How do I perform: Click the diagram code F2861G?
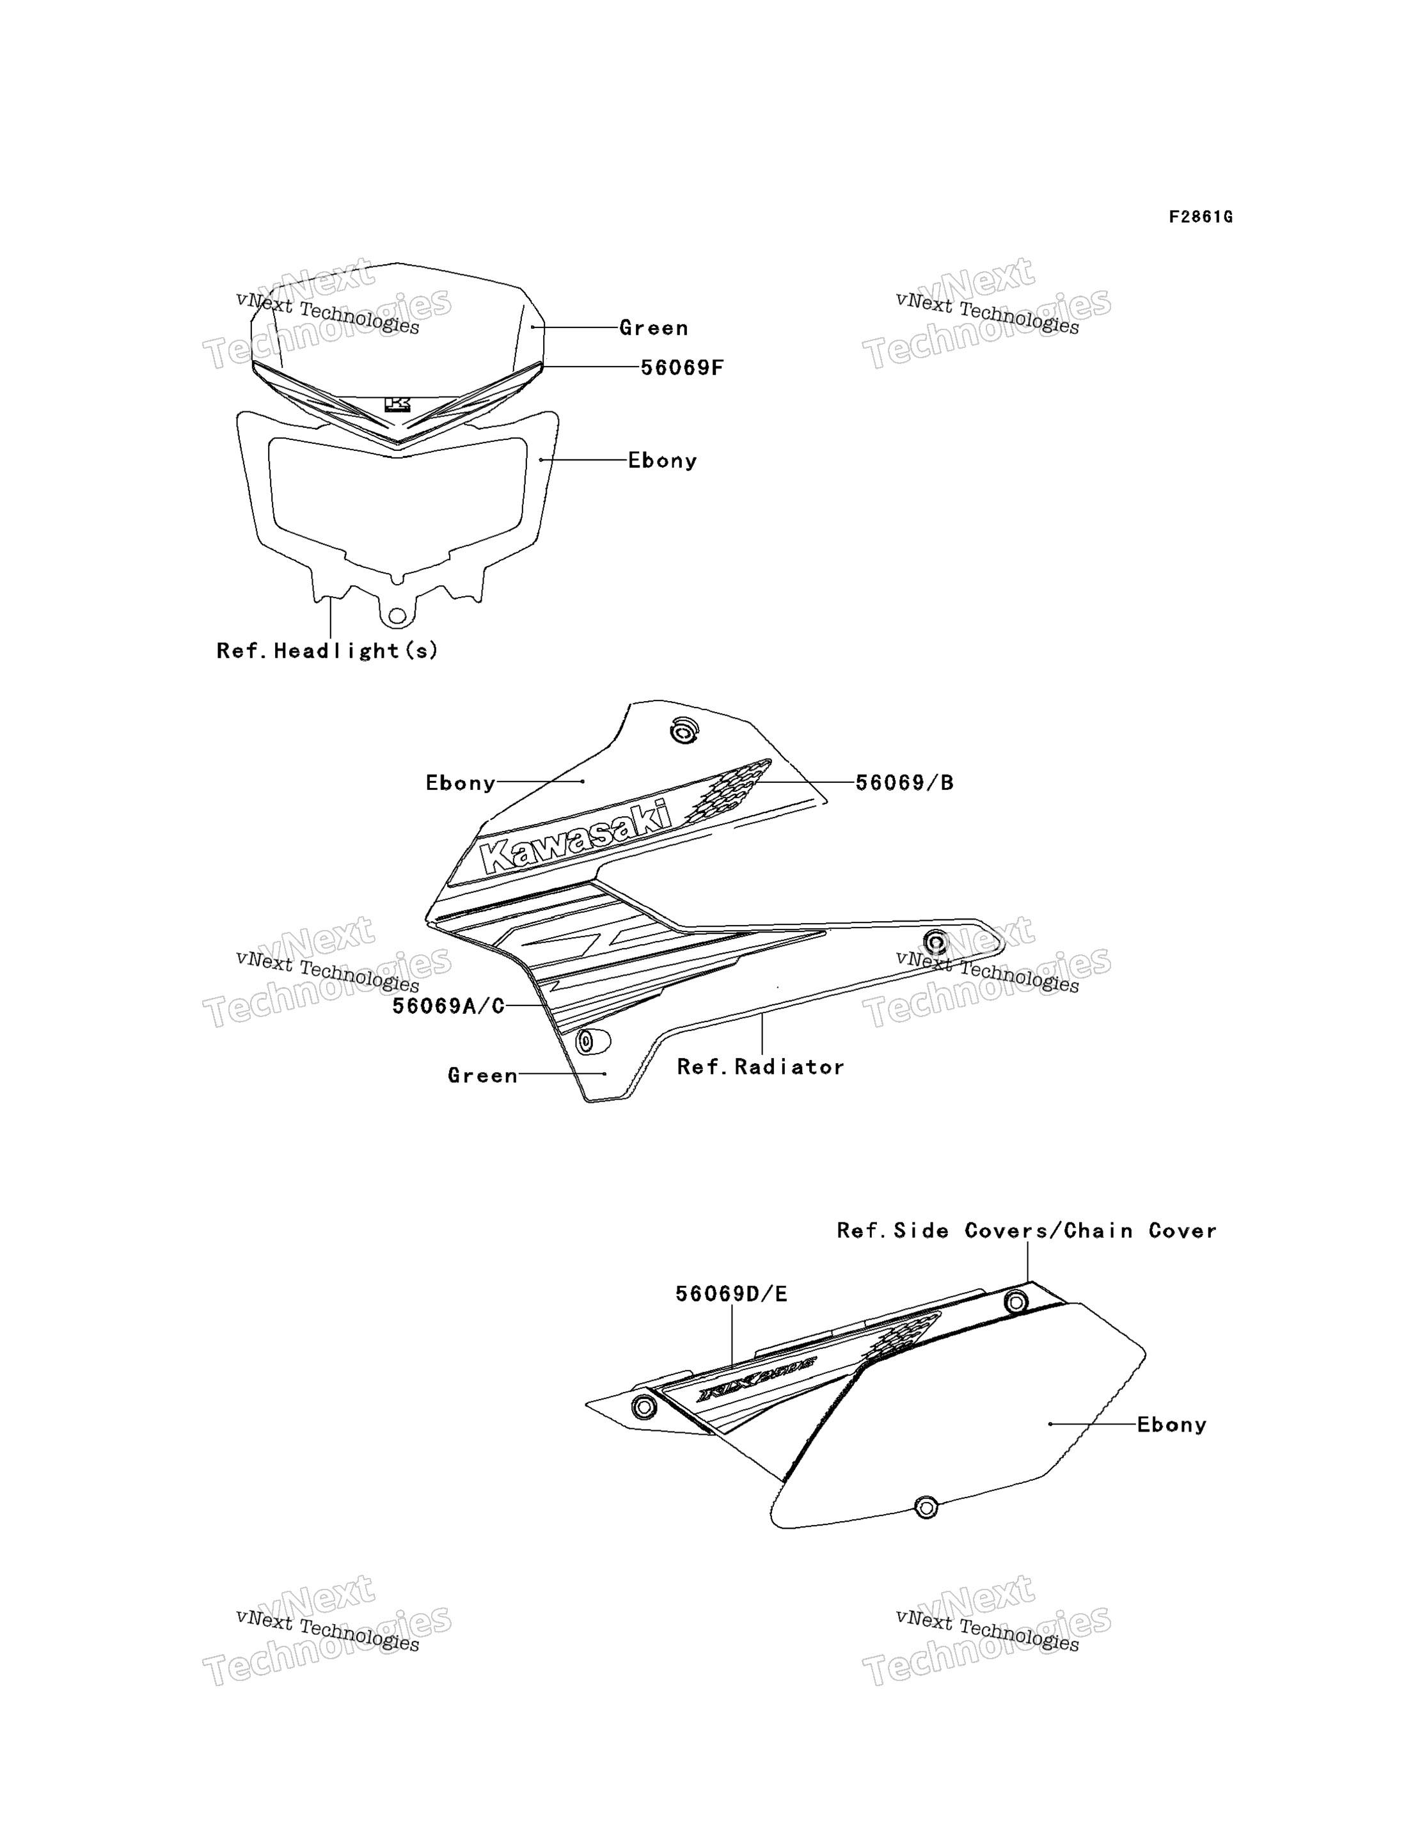1200,217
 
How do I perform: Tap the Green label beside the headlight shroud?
654,328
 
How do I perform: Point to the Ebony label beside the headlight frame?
662,460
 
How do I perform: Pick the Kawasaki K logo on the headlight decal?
397,405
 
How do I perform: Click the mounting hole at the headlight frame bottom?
397,617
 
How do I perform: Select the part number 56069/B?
904,782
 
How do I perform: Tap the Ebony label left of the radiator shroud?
461,782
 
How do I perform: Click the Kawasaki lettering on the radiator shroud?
576,837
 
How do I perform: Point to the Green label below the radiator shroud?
482,1075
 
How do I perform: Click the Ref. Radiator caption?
761,1067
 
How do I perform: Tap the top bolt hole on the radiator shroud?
684,731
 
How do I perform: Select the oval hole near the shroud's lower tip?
592,1041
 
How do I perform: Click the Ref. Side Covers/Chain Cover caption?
1027,1231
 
